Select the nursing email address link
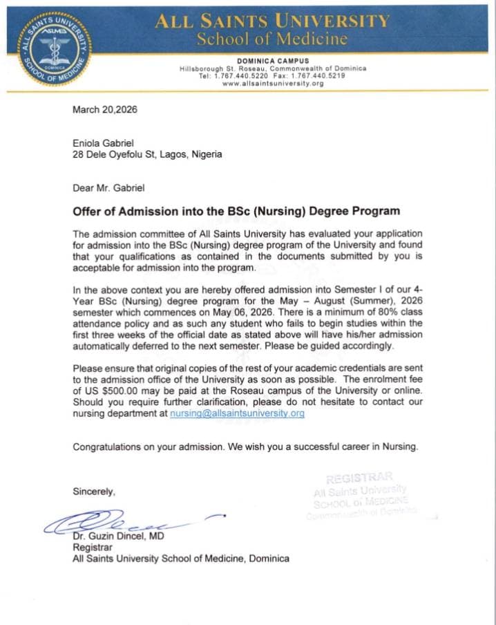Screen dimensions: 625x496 [237, 413]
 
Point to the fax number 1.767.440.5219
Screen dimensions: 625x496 [338, 76]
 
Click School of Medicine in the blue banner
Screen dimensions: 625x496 [271, 38]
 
